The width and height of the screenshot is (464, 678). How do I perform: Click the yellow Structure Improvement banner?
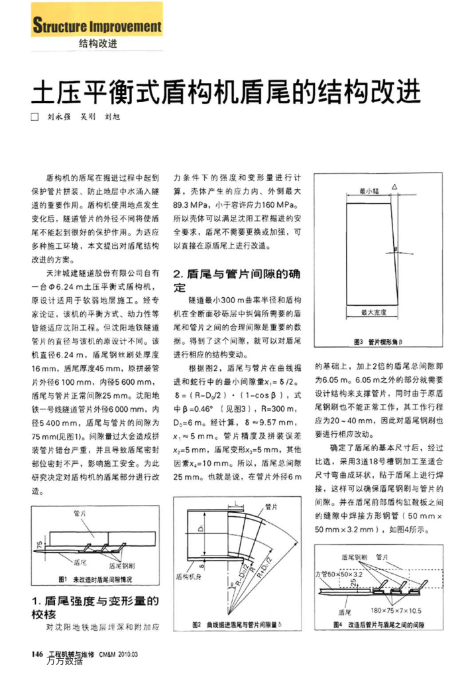pos(97,27)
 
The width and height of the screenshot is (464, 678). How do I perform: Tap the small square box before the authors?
pos(36,116)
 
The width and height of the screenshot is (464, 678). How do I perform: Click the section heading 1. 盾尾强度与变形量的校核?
pos(95,608)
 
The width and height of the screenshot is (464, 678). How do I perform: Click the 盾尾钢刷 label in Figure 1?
pos(122,565)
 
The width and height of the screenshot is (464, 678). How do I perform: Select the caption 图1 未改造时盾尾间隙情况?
pos(95,579)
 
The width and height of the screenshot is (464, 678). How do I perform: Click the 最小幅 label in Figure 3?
pos(369,190)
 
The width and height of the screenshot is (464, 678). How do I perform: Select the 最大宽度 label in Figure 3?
pos(373,311)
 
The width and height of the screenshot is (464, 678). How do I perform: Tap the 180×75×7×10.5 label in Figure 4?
pos(396,610)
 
